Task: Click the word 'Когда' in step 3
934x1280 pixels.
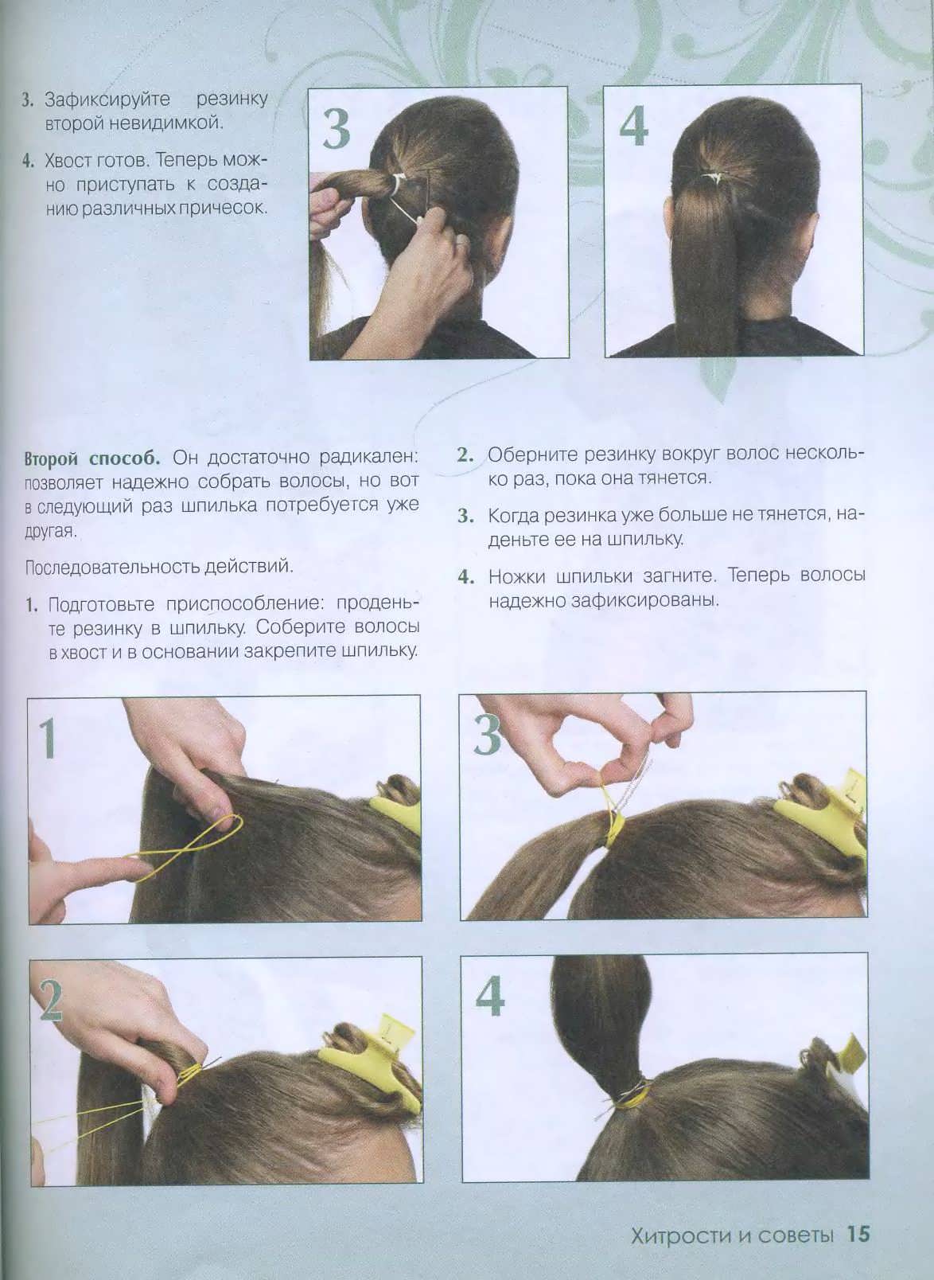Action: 512,516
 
